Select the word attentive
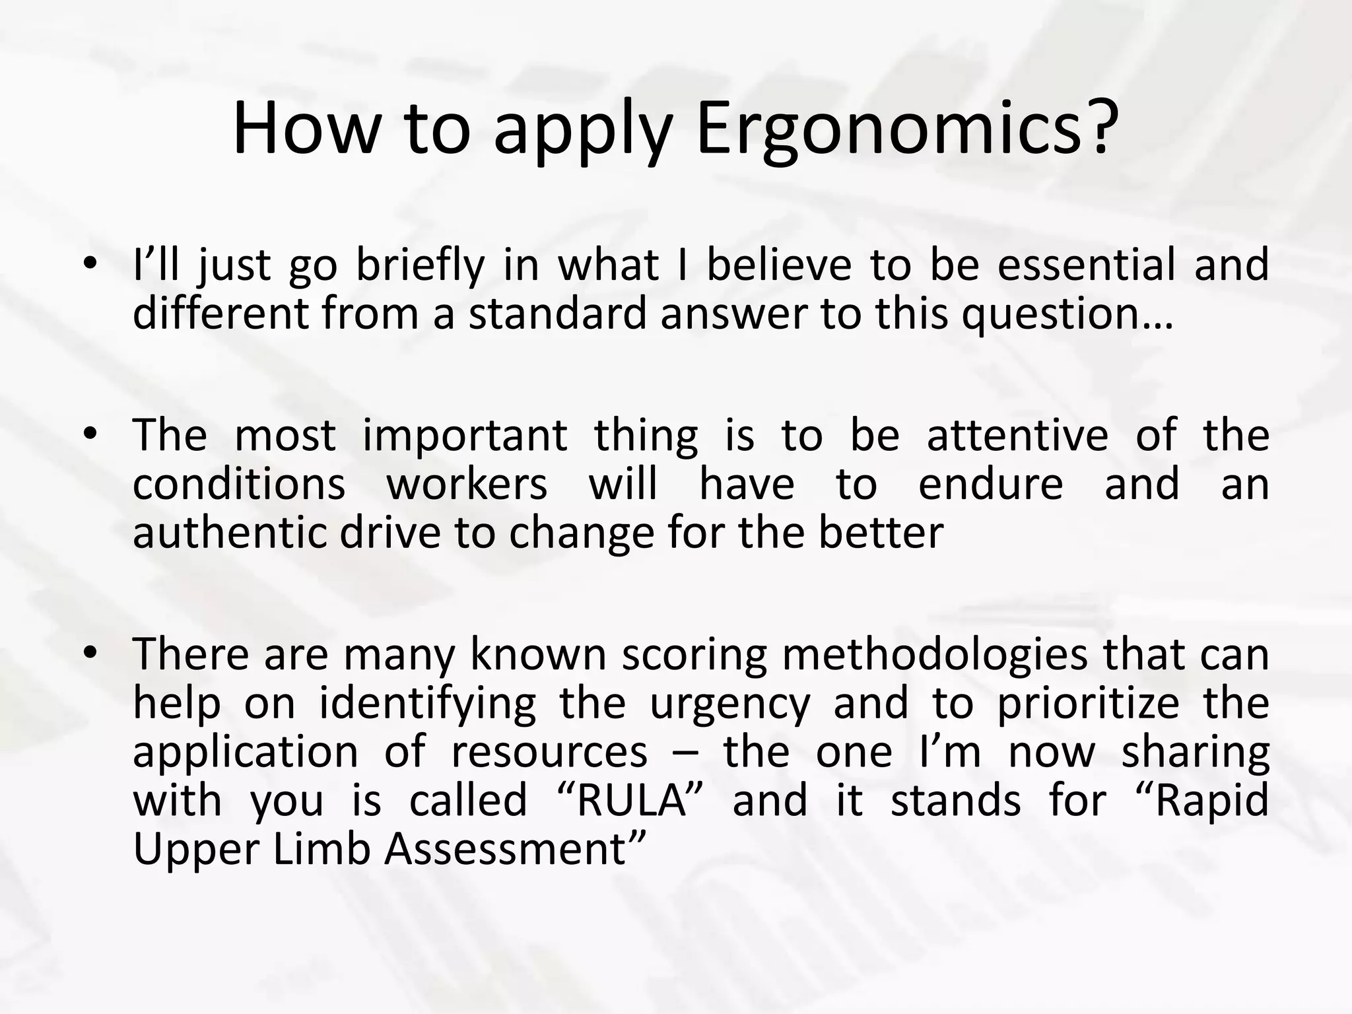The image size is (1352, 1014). [1017, 436]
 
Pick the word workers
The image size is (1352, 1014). [467, 485]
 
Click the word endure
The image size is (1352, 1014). [990, 485]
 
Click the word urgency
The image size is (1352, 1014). [730, 705]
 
